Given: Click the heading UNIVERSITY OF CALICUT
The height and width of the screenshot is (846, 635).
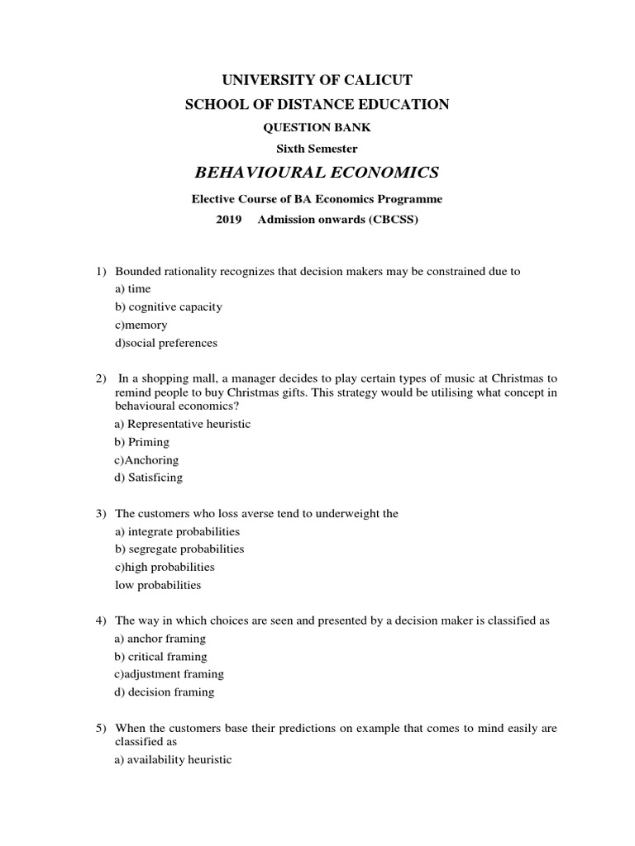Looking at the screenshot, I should point(317,80).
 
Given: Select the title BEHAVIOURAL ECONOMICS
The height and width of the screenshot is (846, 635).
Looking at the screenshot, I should point(317,172).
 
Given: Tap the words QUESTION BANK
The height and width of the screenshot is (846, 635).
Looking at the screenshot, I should point(317,127).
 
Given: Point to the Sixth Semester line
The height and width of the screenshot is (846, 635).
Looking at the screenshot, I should point(317,149).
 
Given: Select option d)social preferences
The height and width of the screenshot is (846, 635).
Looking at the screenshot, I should point(166,343).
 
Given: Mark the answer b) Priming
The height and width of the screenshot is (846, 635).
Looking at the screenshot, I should point(141,442).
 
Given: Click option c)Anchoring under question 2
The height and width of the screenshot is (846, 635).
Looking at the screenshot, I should point(146,460).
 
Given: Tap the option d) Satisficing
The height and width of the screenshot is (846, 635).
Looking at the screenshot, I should point(149,478).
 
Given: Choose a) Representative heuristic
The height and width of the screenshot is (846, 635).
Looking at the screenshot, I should point(182,424).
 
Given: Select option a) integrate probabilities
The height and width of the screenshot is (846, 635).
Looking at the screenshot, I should point(177,531).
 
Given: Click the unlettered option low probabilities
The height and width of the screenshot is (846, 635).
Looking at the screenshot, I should point(158,585).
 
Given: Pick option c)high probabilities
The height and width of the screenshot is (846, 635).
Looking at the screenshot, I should point(165,567).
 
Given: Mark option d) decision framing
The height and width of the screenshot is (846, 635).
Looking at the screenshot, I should point(165,692).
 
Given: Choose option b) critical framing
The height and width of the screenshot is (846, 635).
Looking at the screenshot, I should point(160,656).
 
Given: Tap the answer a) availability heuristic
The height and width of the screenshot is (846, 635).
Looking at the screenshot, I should point(174,760).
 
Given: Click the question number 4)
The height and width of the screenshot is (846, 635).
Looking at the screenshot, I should point(100,620).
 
